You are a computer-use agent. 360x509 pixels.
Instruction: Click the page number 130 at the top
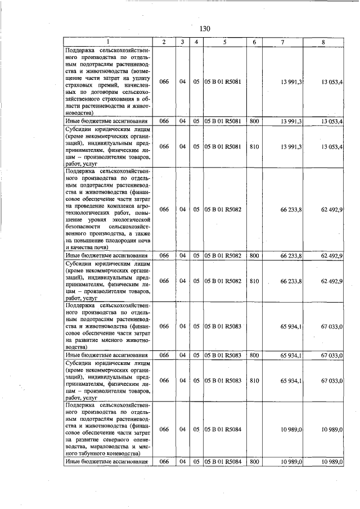pyautogui.click(x=204, y=29)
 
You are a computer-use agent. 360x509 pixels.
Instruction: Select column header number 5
pyautogui.click(x=224, y=42)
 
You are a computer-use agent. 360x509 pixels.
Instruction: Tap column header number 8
pyautogui.click(x=323, y=42)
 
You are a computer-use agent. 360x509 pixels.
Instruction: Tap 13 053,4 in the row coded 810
pyautogui.click(x=332, y=146)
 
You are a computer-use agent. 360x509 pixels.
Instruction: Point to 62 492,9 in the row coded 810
pyautogui.click(x=332, y=280)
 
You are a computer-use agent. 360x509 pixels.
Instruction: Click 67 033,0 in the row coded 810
pyautogui.click(x=332, y=380)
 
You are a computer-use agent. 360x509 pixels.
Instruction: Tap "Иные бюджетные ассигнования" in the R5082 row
pyautogui.click(x=107, y=255)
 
